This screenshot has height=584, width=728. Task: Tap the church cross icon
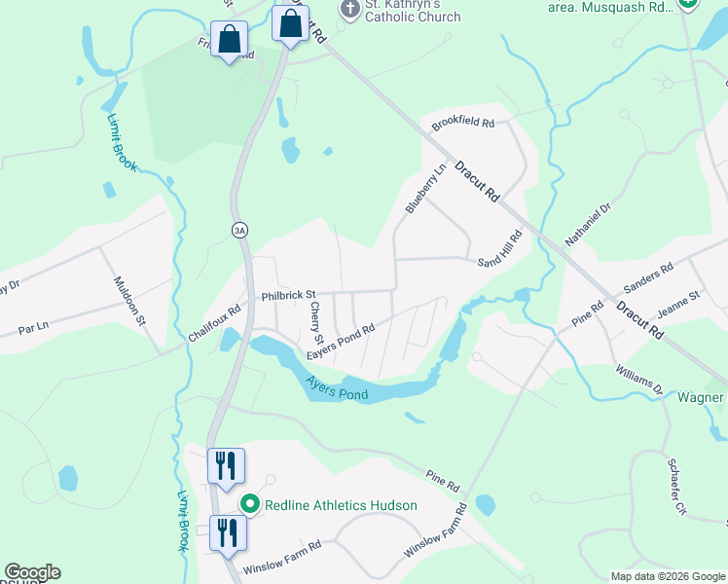pyautogui.click(x=348, y=9)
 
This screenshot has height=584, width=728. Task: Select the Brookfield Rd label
pyautogui.click(x=464, y=124)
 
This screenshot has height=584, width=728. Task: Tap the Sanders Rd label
pyautogui.click(x=648, y=278)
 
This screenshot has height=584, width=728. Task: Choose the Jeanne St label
pyautogui.click(x=679, y=303)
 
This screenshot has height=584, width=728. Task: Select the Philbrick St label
pyautogui.click(x=288, y=295)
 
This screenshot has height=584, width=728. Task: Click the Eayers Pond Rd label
pyautogui.click(x=341, y=344)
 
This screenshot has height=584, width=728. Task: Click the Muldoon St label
pyautogui.click(x=128, y=301)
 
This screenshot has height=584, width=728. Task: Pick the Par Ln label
pyautogui.click(x=33, y=330)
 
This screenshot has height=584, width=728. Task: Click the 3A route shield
pyautogui.click(x=239, y=230)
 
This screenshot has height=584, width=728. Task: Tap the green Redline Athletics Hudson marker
pyautogui.click(x=250, y=504)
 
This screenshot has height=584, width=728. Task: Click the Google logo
pyautogui.click(x=32, y=572)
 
